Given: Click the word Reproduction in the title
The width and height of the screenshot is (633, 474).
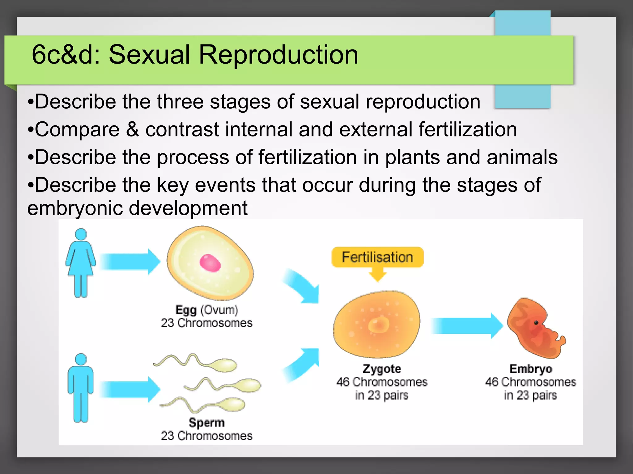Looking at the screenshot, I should [x=278, y=55].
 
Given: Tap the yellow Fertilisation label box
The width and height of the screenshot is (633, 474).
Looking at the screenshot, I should [x=377, y=257].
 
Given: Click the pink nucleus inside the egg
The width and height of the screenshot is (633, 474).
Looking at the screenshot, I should [x=210, y=263].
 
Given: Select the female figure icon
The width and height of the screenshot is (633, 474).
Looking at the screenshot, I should [x=81, y=262].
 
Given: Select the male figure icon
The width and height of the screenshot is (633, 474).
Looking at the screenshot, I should [x=81, y=388].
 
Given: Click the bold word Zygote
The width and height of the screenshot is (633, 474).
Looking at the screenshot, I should [x=382, y=369].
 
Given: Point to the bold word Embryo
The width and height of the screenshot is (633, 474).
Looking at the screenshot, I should [x=531, y=369].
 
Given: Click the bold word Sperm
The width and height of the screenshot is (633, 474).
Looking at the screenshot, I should [x=206, y=422].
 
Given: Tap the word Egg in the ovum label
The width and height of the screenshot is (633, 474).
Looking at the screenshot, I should [x=186, y=310].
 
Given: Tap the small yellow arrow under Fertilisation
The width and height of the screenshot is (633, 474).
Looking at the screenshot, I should [x=377, y=275].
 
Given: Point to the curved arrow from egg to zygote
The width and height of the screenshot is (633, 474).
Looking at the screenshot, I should [x=301, y=286].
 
